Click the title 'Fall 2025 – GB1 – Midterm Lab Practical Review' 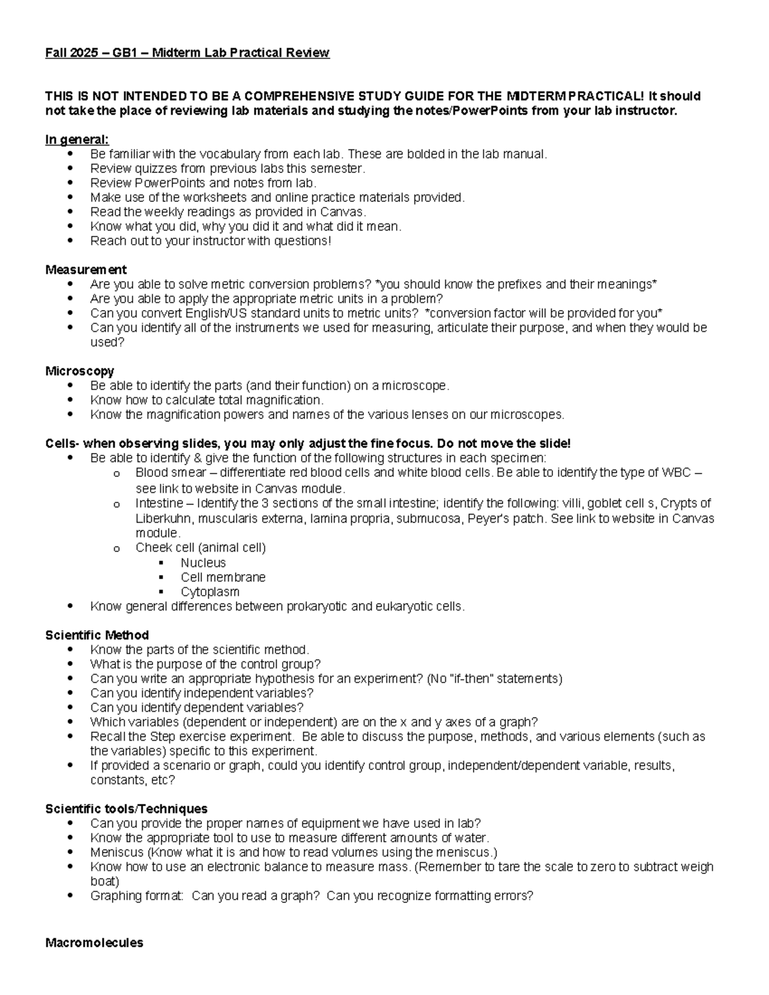point(187,53)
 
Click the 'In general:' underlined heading point(77,140)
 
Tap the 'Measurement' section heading point(86,270)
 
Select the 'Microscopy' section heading point(79,371)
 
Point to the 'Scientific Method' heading point(97,635)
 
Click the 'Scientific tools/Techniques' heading point(126,809)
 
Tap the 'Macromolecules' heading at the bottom point(94,942)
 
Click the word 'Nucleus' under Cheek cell point(203,563)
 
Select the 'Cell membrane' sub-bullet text point(223,577)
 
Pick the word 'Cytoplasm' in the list point(210,592)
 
